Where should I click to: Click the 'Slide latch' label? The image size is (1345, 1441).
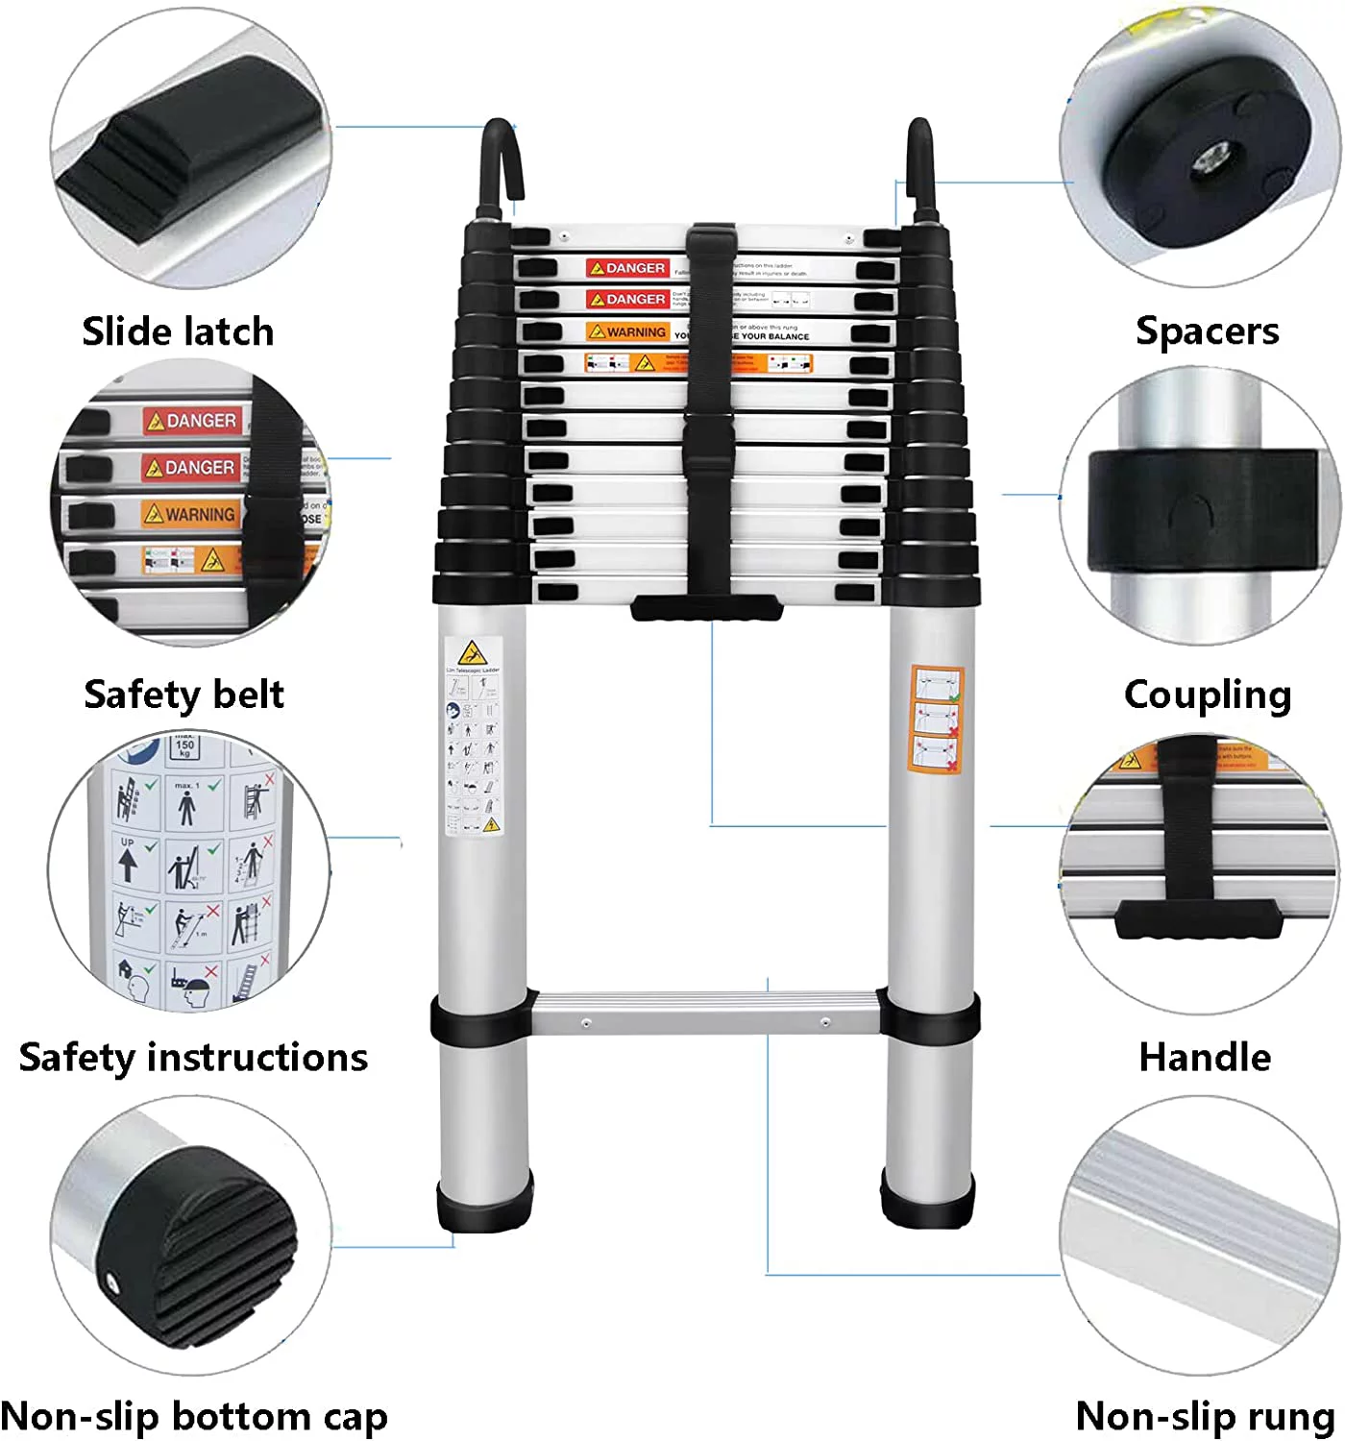(x=178, y=331)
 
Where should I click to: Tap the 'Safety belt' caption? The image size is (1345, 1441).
(x=183, y=694)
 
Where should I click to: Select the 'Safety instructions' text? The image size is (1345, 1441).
(x=193, y=1057)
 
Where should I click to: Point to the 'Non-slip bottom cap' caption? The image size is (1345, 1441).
(x=193, y=1416)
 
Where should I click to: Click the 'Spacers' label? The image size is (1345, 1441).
(x=1207, y=330)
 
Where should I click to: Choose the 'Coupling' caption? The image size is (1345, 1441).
(x=1207, y=694)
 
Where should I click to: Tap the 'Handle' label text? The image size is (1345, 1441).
(x=1205, y=1057)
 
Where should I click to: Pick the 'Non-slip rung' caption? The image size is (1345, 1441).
(x=1205, y=1416)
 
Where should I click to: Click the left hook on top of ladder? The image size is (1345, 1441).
(x=500, y=163)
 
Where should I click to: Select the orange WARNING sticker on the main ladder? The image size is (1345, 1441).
(x=628, y=331)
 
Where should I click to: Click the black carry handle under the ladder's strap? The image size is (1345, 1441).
(x=706, y=608)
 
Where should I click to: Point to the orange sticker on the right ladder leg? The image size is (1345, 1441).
(x=936, y=719)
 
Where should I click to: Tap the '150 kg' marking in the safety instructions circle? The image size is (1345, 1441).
(x=184, y=746)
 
